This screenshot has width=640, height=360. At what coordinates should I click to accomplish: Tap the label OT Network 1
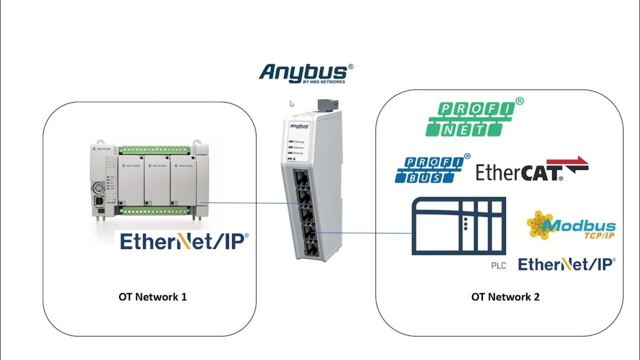[x=152, y=296]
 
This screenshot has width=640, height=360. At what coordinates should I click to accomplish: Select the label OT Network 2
[x=505, y=296]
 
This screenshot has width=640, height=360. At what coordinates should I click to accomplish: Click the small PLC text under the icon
[x=498, y=266]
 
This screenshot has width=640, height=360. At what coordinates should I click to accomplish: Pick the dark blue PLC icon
[x=458, y=225]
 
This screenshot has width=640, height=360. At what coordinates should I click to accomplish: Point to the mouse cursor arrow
[x=291, y=103]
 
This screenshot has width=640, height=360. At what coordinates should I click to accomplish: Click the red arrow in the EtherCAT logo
[x=576, y=165]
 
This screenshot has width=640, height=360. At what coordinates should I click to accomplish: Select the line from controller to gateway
[x=250, y=203]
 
